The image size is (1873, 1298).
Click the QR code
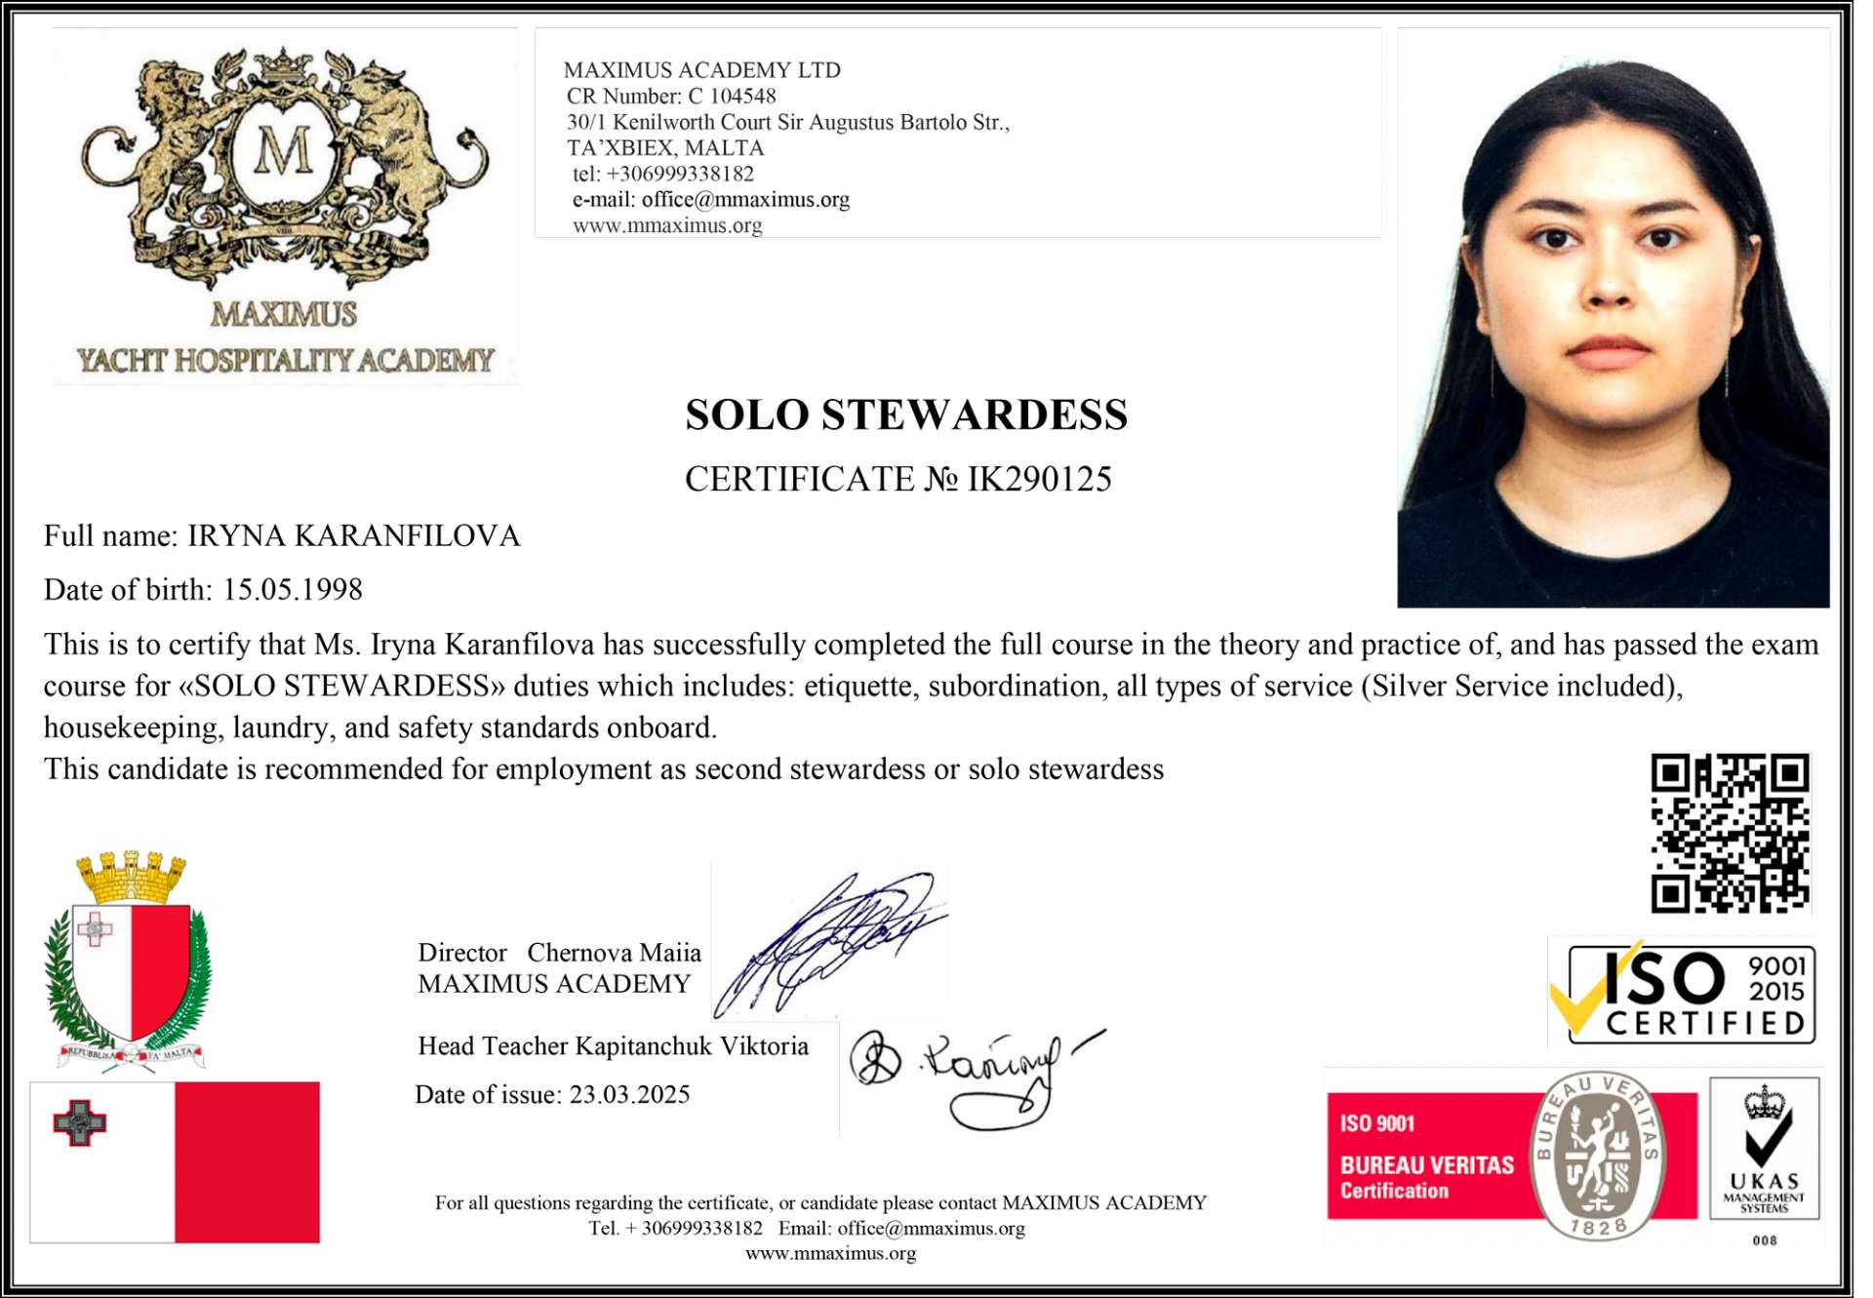pyautogui.click(x=1729, y=833)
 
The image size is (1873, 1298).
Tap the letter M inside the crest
pyautogui.click(x=283, y=152)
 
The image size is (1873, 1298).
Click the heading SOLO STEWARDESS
pyautogui.click(x=906, y=415)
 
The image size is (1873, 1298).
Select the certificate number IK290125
pyautogui.click(x=1039, y=480)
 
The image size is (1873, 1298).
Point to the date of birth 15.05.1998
pyautogui.click(x=293, y=590)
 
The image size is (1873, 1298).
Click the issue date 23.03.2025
pyautogui.click(x=629, y=1095)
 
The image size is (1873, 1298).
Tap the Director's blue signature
pyautogui.click(x=829, y=941)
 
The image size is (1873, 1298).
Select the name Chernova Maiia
pyautogui.click(x=614, y=953)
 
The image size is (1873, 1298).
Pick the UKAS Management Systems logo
pyautogui.click(x=1764, y=1148)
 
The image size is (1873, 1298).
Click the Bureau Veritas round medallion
pyautogui.click(x=1597, y=1156)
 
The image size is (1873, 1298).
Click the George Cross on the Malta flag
pyautogui.click(x=79, y=1123)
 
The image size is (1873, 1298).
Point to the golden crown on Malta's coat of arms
pyautogui.click(x=131, y=876)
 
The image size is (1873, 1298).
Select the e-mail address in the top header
pyautogui.click(x=745, y=200)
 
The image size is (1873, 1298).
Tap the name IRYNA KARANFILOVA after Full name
pyautogui.click(x=354, y=536)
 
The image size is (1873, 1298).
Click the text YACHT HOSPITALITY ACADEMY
pyautogui.click(x=286, y=361)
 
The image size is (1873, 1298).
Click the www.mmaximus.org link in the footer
pyautogui.click(x=830, y=1254)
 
